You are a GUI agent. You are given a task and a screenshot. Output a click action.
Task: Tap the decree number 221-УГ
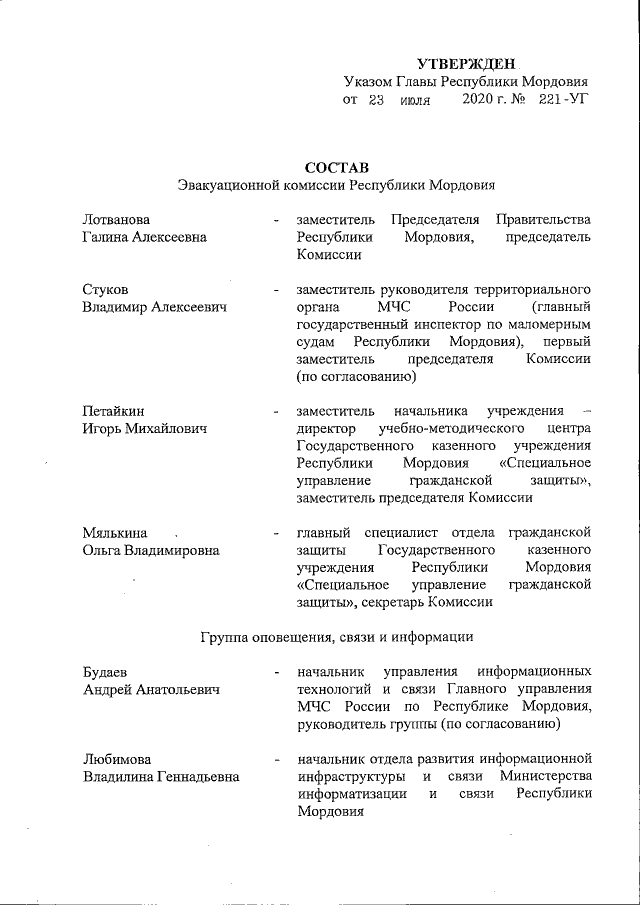tap(562, 100)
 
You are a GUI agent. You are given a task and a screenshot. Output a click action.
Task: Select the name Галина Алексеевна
tap(145, 237)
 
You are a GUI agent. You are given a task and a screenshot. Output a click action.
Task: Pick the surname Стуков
tap(106, 290)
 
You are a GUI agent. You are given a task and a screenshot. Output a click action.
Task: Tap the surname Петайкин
tap(114, 410)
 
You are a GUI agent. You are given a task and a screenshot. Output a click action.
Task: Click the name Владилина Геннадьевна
tap(161, 777)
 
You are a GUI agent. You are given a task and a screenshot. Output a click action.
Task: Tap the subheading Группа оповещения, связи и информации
tap(336, 635)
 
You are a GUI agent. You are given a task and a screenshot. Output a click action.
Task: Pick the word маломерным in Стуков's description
tap(550, 325)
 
